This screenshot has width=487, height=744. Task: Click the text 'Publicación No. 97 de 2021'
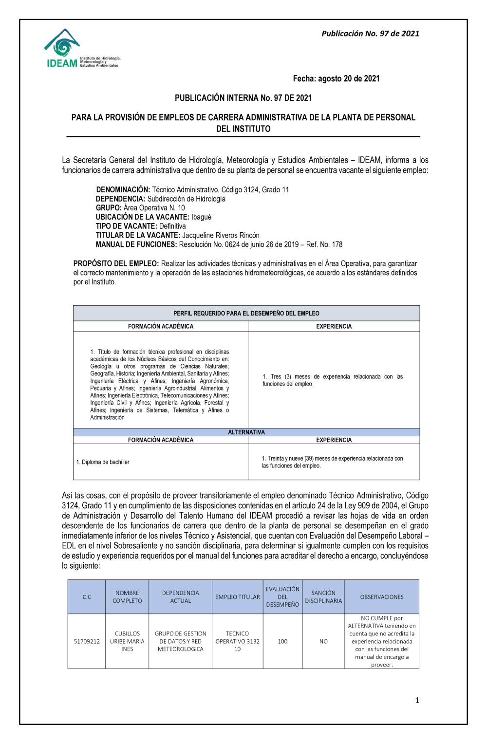click(x=370, y=34)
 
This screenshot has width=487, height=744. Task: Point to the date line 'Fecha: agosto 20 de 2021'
click(x=336, y=78)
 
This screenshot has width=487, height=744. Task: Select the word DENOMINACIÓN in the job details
click(x=123, y=189)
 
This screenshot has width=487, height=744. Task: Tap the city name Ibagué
click(x=201, y=217)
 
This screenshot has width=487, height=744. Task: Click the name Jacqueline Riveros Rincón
click(x=221, y=235)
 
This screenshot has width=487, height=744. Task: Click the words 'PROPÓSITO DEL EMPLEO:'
click(x=116, y=263)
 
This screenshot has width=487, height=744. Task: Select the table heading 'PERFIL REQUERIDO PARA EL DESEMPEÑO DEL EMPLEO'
click(x=246, y=313)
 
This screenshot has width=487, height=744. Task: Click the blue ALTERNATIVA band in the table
click(x=246, y=432)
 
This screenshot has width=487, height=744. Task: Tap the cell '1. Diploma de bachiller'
click(x=103, y=462)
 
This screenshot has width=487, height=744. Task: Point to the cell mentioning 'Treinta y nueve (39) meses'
click(x=333, y=462)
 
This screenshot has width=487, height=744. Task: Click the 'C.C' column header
click(x=87, y=597)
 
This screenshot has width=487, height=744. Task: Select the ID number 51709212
click(x=87, y=641)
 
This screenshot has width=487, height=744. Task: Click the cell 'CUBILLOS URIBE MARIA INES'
click(x=127, y=641)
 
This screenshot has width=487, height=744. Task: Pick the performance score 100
click(x=282, y=641)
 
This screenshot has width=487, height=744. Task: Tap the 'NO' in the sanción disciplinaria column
click(x=323, y=641)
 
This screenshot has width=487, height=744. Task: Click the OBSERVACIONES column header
click(x=382, y=597)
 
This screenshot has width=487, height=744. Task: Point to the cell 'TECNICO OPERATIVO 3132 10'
click(x=238, y=641)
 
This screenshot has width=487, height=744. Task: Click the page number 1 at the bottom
click(x=417, y=700)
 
